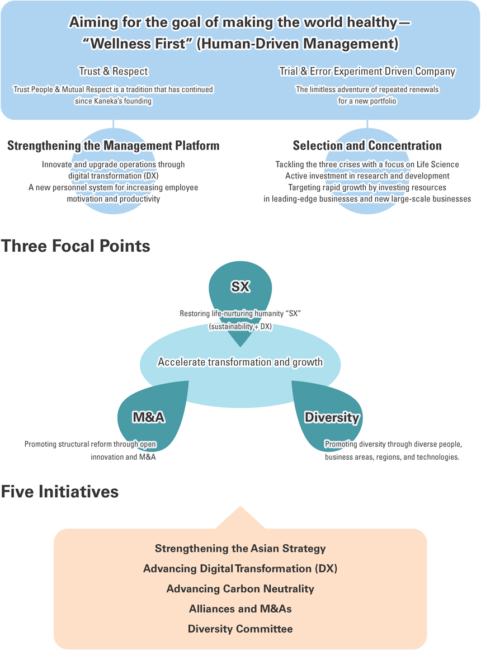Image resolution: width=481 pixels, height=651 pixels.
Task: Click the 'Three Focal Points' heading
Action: click(75, 246)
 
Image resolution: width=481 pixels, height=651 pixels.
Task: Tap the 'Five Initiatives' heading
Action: click(60, 492)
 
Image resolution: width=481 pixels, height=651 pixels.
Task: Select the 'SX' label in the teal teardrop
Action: click(240, 286)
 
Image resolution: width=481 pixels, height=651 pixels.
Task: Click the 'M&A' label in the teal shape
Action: click(149, 417)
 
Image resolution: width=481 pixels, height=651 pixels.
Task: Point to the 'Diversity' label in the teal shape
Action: click(332, 417)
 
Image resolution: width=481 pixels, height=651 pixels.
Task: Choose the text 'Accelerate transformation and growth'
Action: click(240, 362)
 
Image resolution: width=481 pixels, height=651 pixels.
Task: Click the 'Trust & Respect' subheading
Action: click(114, 72)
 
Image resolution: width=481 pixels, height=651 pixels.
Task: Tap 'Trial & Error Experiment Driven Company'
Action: click(367, 72)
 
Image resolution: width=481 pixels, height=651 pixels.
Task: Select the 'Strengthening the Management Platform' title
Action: click(114, 146)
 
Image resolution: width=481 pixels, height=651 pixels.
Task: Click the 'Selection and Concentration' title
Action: click(367, 146)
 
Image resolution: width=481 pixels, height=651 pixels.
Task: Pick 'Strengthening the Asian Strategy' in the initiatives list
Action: click(240, 549)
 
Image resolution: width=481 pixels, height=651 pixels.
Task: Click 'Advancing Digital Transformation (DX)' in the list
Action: click(240, 568)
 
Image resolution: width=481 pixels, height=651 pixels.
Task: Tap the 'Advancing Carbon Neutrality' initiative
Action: click(240, 589)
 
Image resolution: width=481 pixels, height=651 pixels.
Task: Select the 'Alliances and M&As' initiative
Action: click(240, 608)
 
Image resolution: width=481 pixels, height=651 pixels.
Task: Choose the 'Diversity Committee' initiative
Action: click(240, 629)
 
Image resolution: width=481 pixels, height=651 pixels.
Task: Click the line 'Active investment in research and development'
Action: click(367, 176)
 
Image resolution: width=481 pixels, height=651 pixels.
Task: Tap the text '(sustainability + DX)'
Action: click(240, 327)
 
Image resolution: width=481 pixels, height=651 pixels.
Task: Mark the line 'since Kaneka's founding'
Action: click(114, 101)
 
